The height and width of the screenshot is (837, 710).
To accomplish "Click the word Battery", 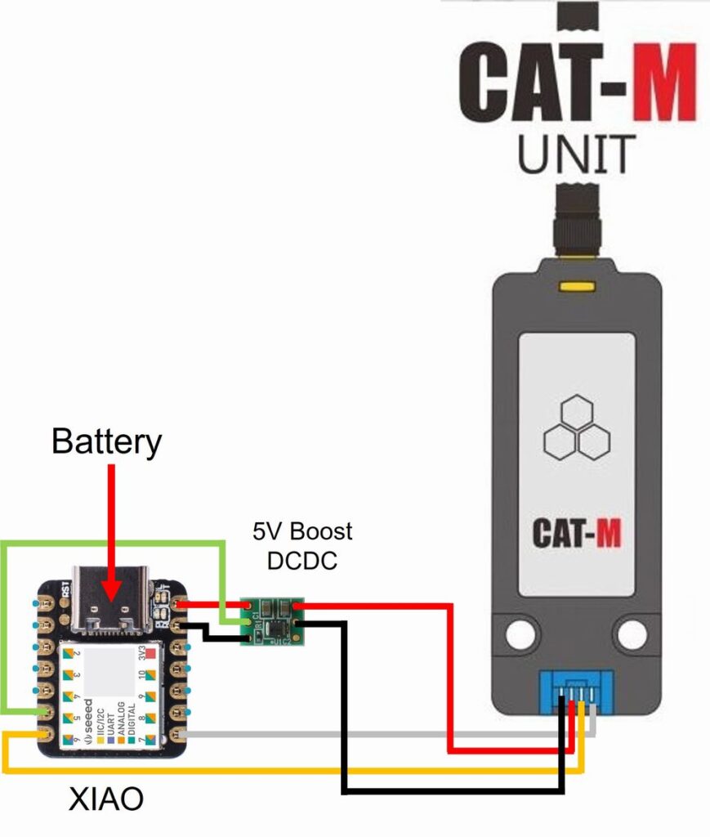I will point(106,441).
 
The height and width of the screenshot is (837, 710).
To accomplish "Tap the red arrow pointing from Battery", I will point(111,531).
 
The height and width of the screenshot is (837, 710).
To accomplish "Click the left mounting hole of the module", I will point(517,635).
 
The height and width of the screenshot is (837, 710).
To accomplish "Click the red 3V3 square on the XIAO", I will point(150,653).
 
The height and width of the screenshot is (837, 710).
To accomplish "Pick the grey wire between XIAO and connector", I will point(368,734).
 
